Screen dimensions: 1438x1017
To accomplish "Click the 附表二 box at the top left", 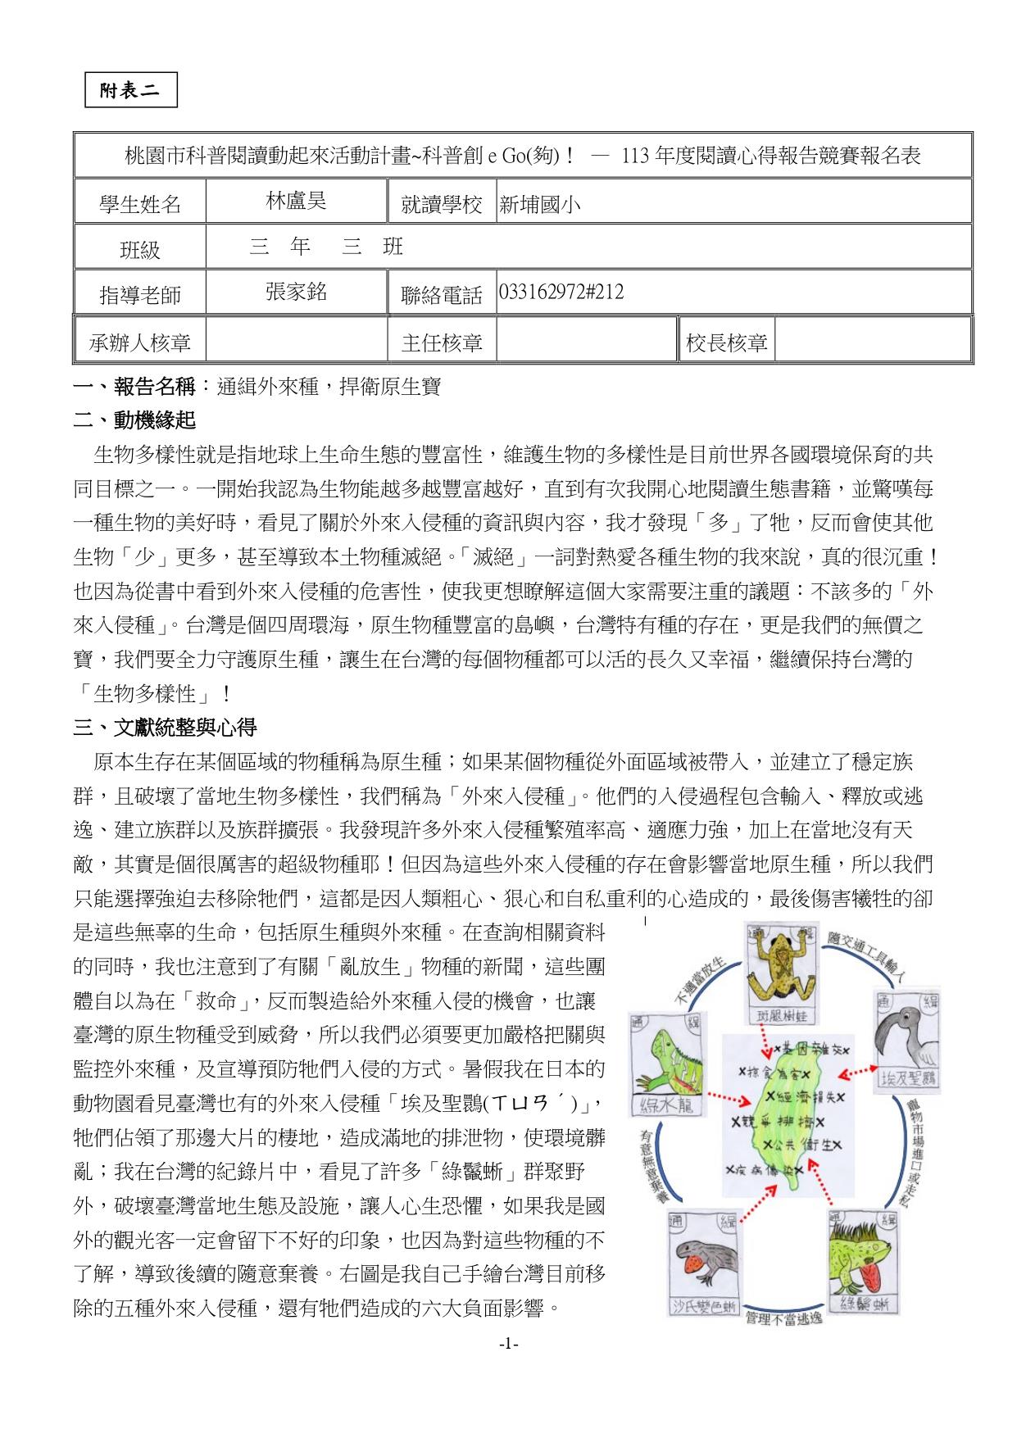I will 131,91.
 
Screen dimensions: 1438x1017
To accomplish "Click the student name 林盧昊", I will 296,202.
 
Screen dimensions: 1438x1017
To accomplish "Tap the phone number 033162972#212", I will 561,293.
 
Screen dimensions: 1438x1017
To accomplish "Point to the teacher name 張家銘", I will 296,292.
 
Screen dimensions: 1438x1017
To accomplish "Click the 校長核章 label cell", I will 726,342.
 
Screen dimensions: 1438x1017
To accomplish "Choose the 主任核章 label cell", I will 442,342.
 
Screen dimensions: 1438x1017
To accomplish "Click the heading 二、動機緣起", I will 134,421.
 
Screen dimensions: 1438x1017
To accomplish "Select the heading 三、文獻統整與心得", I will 165,727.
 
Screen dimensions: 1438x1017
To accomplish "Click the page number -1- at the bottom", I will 508,1345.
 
